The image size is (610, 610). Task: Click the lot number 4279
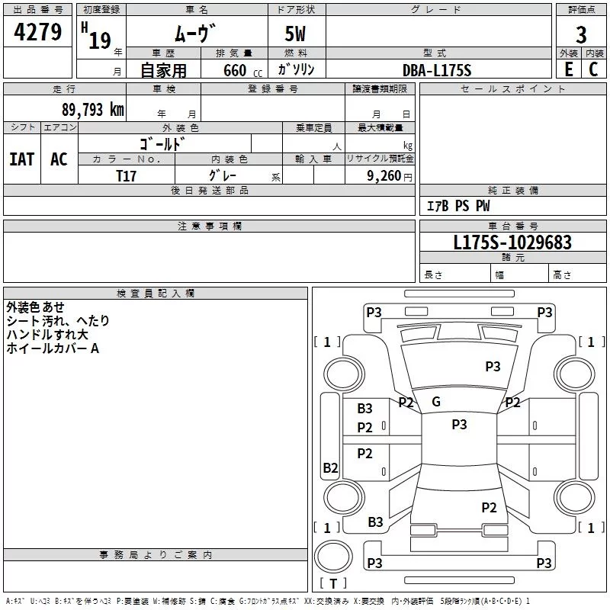tap(37, 33)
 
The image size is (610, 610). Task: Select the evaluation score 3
tap(581, 34)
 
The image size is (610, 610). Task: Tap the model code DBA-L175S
tap(437, 70)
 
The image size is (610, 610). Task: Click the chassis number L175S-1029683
tap(512, 242)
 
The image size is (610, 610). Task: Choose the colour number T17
tap(127, 175)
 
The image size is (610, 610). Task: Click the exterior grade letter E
tap(568, 69)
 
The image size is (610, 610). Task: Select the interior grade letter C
tap(593, 69)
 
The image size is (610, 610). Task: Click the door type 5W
tap(297, 35)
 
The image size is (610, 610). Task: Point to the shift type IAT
tap(21, 159)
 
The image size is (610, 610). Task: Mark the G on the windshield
tap(436, 402)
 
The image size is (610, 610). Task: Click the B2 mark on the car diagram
tap(330, 468)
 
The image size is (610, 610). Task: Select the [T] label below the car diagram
tap(333, 583)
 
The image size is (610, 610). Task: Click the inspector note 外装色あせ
tap(35, 307)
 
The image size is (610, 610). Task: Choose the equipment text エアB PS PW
tap(457, 206)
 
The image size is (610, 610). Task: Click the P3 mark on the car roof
tap(459, 425)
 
